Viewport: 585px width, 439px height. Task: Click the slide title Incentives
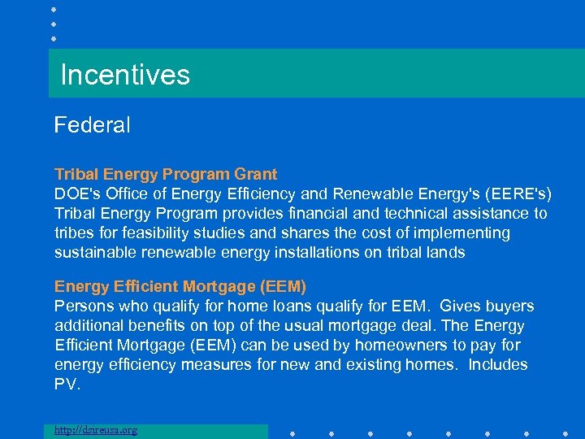[125, 75]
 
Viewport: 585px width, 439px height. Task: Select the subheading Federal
[92, 125]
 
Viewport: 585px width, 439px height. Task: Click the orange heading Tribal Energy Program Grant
[166, 174]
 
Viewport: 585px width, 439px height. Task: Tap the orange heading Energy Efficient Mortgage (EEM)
[180, 287]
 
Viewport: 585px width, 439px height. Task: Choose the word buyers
[509, 306]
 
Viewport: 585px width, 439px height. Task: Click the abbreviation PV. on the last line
[67, 385]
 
